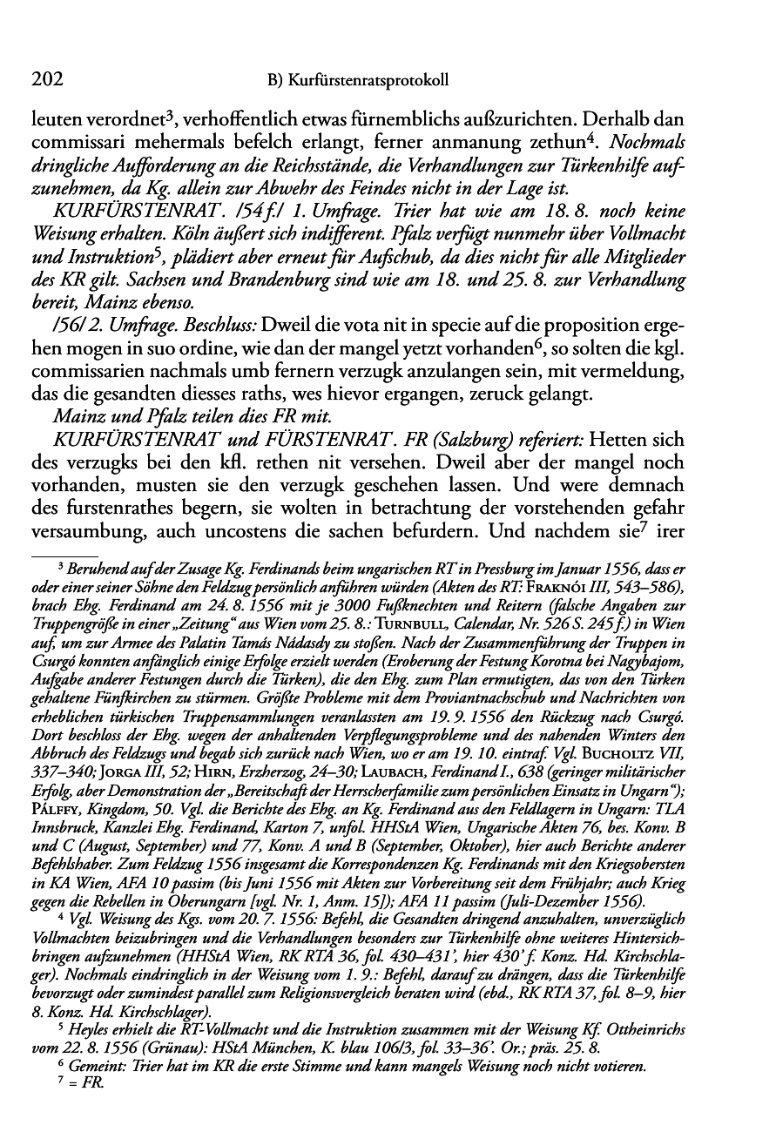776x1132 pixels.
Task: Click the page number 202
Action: pos(47,81)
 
